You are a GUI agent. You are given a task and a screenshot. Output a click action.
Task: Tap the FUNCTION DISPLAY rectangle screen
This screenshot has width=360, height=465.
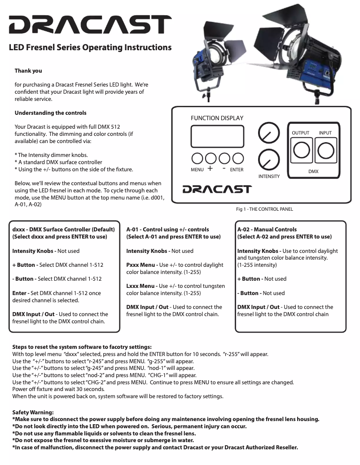pos(218,136)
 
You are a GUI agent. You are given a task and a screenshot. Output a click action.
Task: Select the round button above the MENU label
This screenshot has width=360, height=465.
pos(197,158)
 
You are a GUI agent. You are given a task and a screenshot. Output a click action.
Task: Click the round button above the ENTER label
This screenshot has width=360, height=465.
pos(238,158)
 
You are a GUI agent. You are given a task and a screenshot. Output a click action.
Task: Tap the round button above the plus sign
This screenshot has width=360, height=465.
pos(211,158)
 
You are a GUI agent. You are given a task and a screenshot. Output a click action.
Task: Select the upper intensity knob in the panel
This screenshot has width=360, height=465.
pos(269,134)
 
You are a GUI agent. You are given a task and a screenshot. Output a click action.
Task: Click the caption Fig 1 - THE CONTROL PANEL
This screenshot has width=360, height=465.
pos(261,209)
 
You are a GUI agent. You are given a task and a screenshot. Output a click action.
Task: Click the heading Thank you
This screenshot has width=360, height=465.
pos(29,71)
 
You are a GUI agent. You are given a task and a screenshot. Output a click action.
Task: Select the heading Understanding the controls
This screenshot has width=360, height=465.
pos(50,113)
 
